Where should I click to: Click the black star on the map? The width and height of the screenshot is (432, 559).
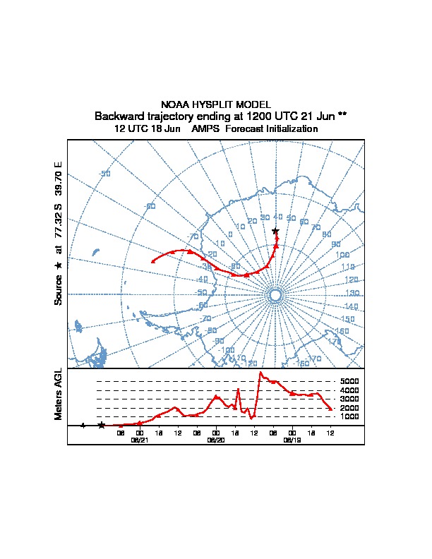coord(275,231)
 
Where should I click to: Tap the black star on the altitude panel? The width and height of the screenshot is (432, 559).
coord(102,425)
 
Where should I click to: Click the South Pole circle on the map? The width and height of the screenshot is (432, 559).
coord(275,294)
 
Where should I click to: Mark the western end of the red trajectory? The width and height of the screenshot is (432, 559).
coord(153,262)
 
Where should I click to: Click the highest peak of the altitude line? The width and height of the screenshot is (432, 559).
coord(261,372)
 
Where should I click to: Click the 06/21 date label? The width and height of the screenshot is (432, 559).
coord(140,439)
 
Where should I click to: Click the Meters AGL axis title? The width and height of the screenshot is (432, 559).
coord(59,394)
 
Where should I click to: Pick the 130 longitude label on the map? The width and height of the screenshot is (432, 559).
coord(352,293)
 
